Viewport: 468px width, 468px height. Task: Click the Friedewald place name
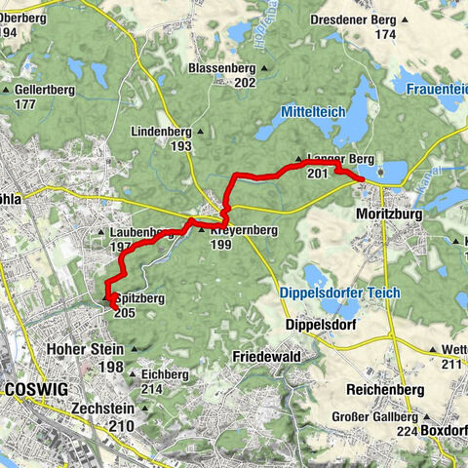coord(263,357)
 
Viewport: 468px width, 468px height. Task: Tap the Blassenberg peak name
coord(223,68)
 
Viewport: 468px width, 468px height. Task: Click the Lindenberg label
coord(162,129)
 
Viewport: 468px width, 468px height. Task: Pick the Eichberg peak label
coord(164,373)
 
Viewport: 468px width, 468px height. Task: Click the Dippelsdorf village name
coord(315,324)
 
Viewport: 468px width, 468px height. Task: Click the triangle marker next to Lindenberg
coord(201,130)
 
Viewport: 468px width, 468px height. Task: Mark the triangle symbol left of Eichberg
coord(134,373)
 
